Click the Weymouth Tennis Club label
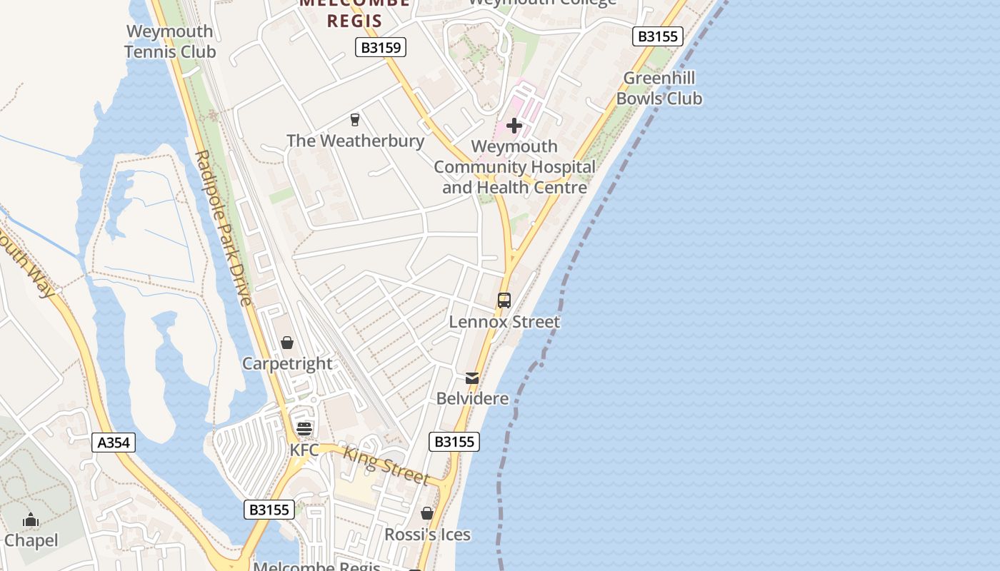[x=170, y=41]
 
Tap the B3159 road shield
[x=381, y=48]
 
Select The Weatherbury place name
[x=355, y=141]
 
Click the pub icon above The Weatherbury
[x=354, y=119]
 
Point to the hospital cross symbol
[x=514, y=126]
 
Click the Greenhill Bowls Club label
[x=659, y=88]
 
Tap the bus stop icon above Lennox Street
[x=504, y=300]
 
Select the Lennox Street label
[x=504, y=322]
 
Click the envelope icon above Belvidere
[x=472, y=378]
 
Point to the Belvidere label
[x=472, y=398]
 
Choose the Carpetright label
[x=287, y=363]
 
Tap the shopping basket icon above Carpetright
[x=287, y=343]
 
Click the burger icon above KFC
[x=304, y=429]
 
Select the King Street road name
[x=386, y=465]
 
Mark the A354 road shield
[x=114, y=443]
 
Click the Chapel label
[x=31, y=540]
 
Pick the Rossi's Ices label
[x=427, y=535]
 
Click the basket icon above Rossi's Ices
[x=427, y=513]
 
